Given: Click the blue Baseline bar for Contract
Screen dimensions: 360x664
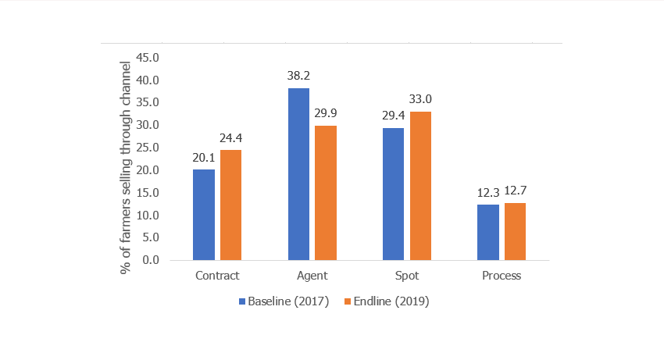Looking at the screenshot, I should click(x=204, y=215).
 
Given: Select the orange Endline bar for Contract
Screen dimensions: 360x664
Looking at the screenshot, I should click(x=230, y=205).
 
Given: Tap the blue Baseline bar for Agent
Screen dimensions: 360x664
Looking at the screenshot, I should click(x=298, y=174).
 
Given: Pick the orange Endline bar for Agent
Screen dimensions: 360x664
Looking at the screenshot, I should click(x=325, y=193).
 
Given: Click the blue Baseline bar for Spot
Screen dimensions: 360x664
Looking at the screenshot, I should click(x=393, y=194).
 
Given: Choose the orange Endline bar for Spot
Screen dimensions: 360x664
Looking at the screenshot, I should click(x=420, y=186).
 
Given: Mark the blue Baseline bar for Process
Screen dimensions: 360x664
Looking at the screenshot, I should click(x=488, y=232).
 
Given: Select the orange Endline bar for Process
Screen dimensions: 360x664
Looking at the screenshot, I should click(x=515, y=231).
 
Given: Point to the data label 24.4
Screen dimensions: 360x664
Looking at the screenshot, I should click(x=230, y=139).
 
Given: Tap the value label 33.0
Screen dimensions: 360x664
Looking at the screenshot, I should click(x=420, y=99).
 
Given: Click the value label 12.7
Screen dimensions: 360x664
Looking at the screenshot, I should click(x=516, y=191).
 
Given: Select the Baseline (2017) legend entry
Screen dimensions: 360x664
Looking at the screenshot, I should click(x=284, y=301).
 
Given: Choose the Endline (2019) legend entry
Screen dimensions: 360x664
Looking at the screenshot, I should click(x=387, y=301).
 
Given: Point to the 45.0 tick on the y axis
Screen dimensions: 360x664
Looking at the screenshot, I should click(x=148, y=58).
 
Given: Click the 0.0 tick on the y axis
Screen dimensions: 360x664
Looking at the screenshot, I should click(x=150, y=260).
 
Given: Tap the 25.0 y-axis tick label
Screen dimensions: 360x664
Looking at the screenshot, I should click(x=148, y=148).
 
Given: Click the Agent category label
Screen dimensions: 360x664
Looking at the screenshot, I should click(x=312, y=276).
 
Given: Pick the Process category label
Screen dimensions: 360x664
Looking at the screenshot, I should click(x=502, y=276).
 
